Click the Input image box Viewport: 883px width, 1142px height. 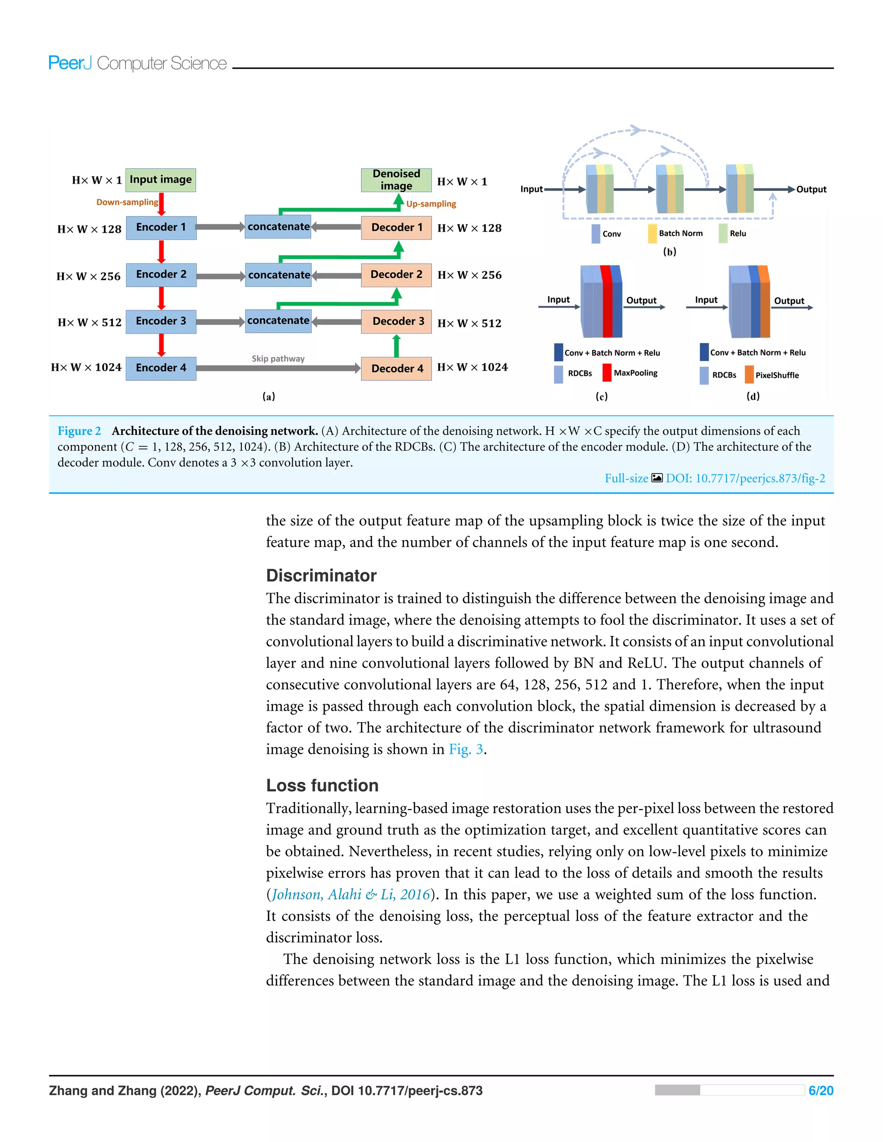click(x=160, y=180)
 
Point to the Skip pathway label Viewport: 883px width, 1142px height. click(x=278, y=359)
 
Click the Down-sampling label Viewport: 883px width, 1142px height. click(x=127, y=203)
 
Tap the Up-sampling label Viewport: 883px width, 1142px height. click(x=431, y=204)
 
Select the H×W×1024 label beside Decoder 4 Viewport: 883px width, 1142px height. click(x=473, y=368)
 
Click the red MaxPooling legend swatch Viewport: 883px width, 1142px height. click(x=607, y=373)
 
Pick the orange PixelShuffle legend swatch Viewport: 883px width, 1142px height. click(x=749, y=375)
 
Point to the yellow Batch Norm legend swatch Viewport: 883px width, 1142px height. click(x=652, y=234)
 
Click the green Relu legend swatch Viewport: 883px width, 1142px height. click(x=723, y=234)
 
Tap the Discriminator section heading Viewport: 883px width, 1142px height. click(x=321, y=576)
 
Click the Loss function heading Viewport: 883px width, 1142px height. click(x=322, y=785)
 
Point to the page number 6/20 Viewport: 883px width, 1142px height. click(x=821, y=1091)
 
